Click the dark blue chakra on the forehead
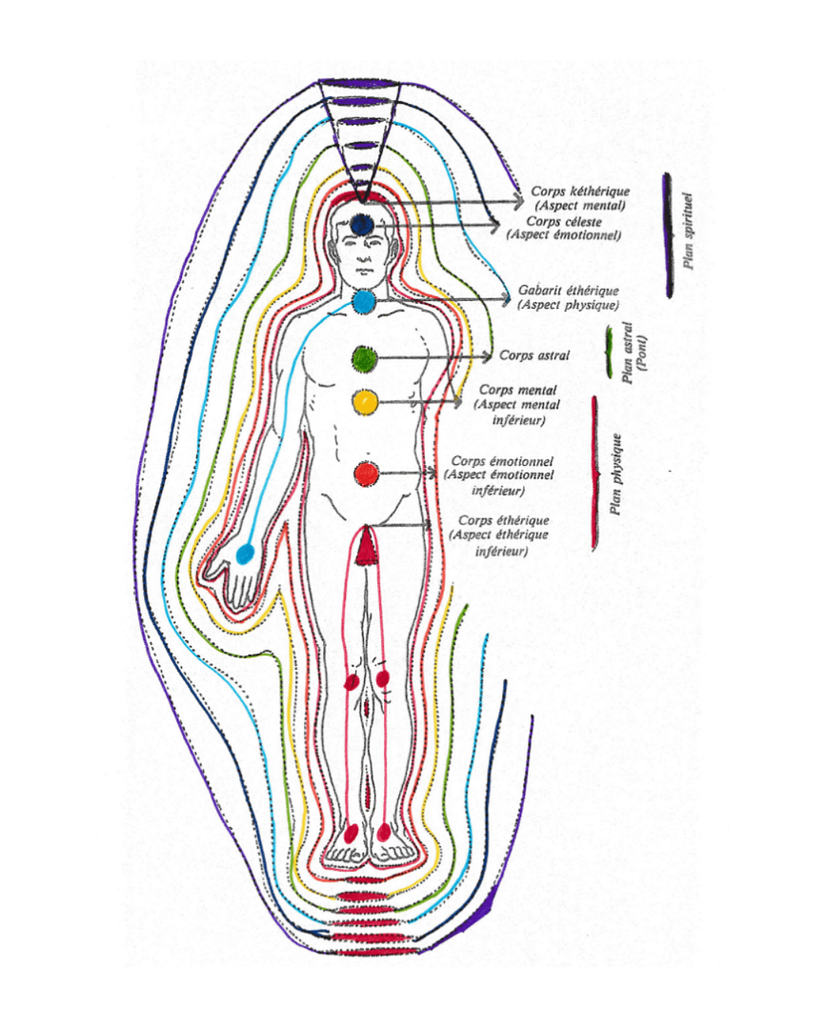(361, 224)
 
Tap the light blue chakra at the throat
(365, 303)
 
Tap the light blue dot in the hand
(245, 554)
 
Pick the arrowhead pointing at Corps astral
(489, 356)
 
